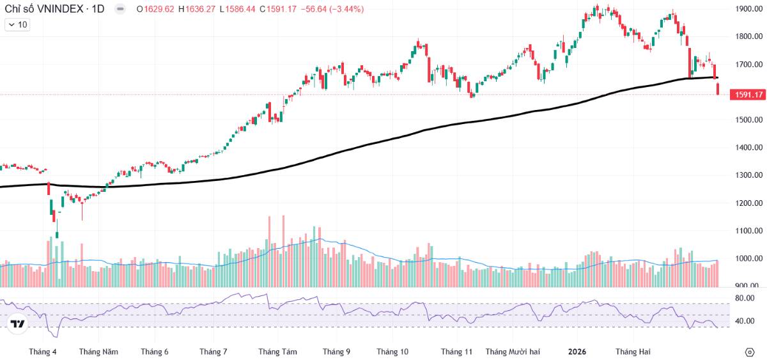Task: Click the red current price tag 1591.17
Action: pos(749,95)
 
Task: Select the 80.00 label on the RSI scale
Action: pos(745,298)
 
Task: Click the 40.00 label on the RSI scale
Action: pos(745,321)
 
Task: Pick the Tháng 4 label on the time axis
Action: pos(43,352)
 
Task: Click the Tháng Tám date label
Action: pos(277,352)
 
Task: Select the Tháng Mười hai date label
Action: pos(513,352)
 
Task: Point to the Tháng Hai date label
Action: pos(633,352)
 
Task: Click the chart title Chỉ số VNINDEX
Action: pos(45,9)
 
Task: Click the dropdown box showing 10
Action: pos(17,24)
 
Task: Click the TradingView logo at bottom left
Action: pos(18,324)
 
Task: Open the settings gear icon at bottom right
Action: pos(750,352)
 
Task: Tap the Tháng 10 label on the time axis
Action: pos(392,352)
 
